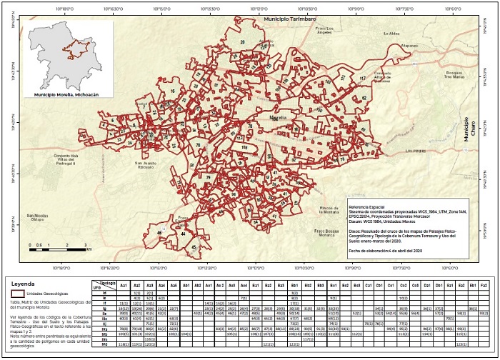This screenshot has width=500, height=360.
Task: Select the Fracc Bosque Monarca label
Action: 326,231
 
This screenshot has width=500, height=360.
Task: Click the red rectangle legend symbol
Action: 16,294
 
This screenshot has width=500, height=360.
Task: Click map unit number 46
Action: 160,233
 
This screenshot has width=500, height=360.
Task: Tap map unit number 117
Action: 362,78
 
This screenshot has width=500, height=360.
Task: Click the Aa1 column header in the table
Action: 124,285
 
